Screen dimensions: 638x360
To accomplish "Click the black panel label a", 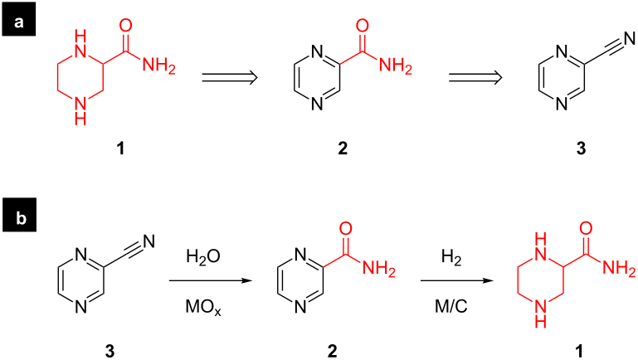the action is [x=19, y=22].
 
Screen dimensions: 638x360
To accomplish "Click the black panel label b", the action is [x=20, y=218].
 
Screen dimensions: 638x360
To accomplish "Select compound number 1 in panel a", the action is [x=120, y=148].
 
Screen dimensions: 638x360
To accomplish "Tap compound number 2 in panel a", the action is [x=343, y=148].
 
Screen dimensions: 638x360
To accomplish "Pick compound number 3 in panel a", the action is [x=581, y=148].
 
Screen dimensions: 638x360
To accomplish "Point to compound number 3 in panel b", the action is [x=110, y=350].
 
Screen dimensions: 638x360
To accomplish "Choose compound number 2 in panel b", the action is [x=333, y=350].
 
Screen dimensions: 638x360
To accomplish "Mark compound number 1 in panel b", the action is [x=578, y=350].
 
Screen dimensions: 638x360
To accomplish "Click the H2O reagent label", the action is [x=203, y=257].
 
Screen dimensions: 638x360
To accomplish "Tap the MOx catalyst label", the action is [x=203, y=307].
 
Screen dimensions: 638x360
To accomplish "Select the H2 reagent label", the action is [x=451, y=257].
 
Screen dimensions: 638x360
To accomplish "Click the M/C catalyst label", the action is [x=451, y=306].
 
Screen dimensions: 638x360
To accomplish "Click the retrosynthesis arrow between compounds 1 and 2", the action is [x=230, y=77].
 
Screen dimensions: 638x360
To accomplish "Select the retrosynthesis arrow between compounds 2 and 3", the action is [x=475, y=77].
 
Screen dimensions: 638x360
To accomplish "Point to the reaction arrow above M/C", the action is [x=457, y=280].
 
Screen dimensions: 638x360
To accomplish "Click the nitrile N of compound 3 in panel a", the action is [x=629, y=39].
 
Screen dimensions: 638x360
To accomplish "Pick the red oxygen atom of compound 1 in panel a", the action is [x=126, y=26].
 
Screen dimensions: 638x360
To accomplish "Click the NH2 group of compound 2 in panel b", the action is [x=379, y=268].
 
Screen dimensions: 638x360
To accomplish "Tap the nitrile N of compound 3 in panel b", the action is [x=149, y=241].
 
